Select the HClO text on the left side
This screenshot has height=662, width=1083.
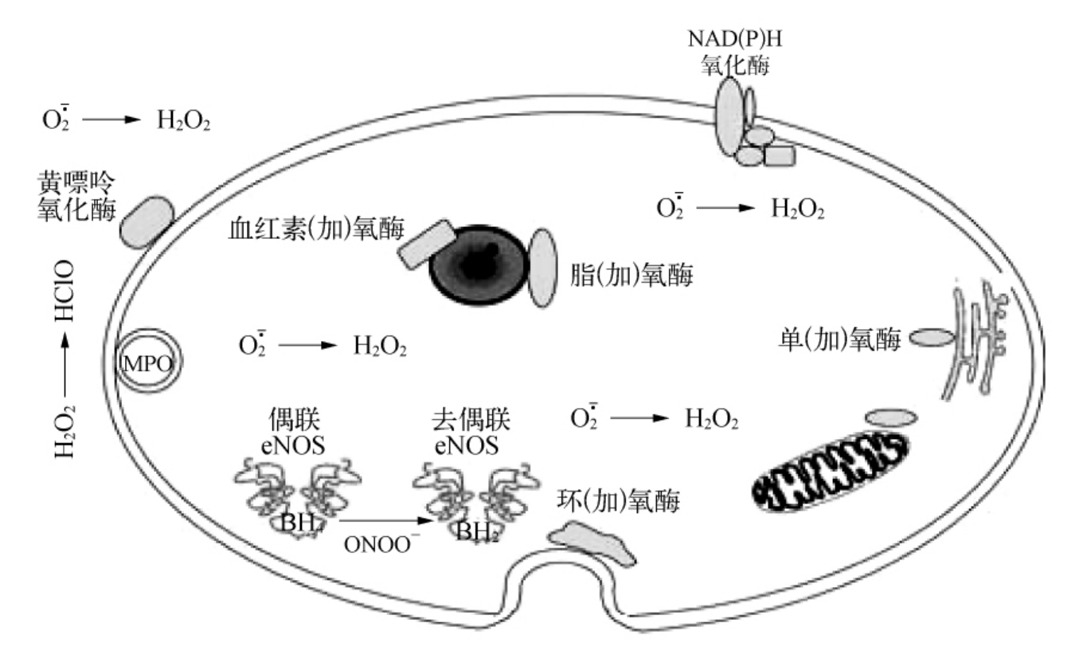[x=65, y=291]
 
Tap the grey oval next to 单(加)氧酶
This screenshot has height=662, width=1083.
[x=931, y=339]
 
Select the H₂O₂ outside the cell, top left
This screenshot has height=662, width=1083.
[x=183, y=122]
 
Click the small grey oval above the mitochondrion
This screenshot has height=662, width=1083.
[x=890, y=417]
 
